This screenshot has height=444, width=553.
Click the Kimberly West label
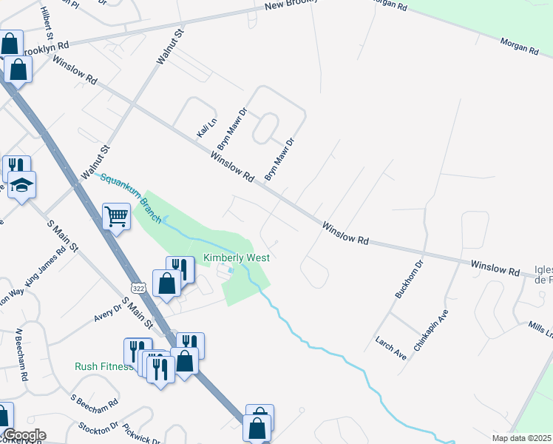tap(237, 258)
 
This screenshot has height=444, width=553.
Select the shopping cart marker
tap(116, 217)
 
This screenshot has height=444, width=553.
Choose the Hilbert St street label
tap(48, 24)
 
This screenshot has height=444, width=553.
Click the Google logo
tap(24, 435)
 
